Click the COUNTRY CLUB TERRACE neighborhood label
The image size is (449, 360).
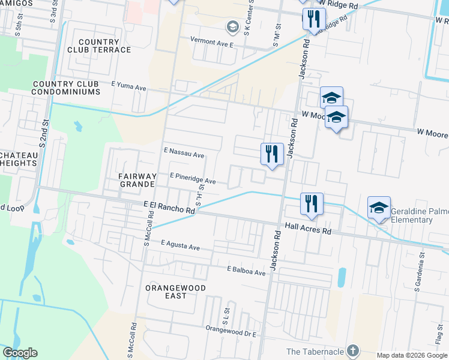pyautogui.click(x=100, y=45)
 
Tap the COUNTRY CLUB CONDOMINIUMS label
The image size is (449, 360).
pyautogui.click(x=67, y=88)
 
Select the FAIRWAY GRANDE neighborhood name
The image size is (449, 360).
pyautogui.click(x=138, y=179)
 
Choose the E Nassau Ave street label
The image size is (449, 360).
pyautogui.click(x=184, y=154)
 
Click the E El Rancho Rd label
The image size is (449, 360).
pyautogui.click(x=170, y=208)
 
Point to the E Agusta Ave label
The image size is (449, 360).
pyautogui.click(x=180, y=247)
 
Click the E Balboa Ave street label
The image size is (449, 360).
pyautogui.click(x=246, y=272)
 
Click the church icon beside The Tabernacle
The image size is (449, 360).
pyautogui.click(x=353, y=350)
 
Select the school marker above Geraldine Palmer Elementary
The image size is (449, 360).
pyautogui.click(x=379, y=208)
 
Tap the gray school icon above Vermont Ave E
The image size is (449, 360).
pyautogui.click(x=232, y=26)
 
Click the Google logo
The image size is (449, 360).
pyautogui.click(x=20, y=353)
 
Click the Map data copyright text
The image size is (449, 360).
pyautogui.click(x=412, y=355)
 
